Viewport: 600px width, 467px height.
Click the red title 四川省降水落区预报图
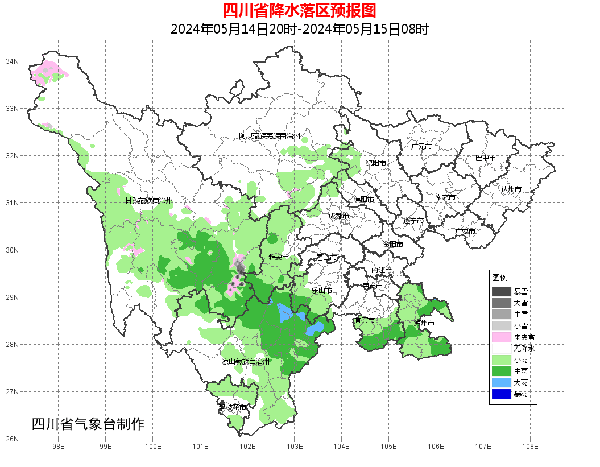point(299,11)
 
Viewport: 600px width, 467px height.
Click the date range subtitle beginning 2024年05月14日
point(299,29)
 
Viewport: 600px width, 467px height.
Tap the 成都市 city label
point(338,216)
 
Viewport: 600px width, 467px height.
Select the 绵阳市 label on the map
point(375,163)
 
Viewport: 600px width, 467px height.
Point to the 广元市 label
point(421,147)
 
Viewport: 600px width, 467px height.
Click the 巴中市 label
point(485,158)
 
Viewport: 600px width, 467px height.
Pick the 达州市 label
point(511,189)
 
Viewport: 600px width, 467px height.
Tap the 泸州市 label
point(425,323)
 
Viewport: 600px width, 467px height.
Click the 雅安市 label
point(278,258)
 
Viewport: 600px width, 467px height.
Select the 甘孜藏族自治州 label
point(148,201)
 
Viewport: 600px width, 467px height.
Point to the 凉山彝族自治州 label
point(246,361)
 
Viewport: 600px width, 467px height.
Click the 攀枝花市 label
point(233,407)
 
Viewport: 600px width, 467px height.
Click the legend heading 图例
point(500,278)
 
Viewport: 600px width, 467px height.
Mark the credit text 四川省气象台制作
point(88,424)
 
